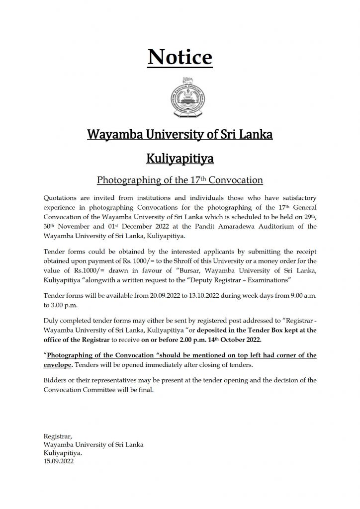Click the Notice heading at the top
point(180,58)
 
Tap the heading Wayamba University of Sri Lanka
point(180,134)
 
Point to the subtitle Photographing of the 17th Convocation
point(180,179)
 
